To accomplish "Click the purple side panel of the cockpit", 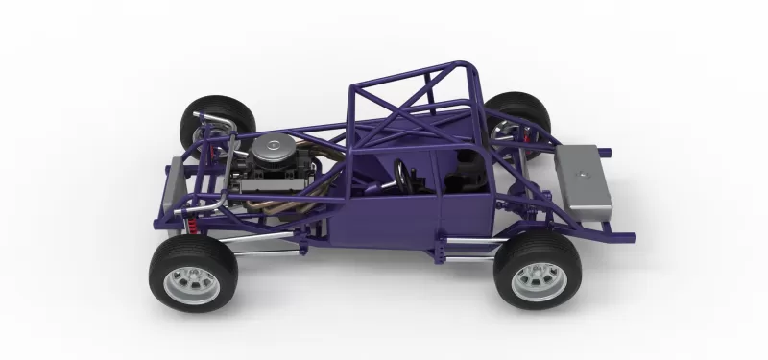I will click(x=403, y=216).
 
